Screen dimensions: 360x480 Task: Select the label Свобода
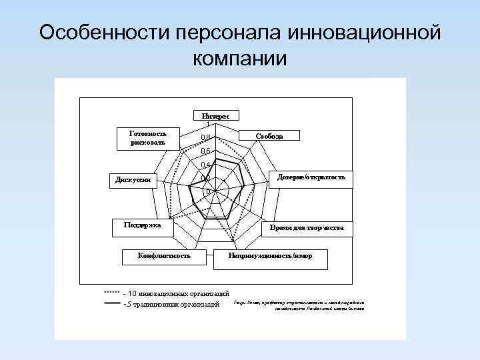269,136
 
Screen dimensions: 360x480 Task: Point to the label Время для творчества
307,228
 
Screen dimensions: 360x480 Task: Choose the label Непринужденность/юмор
270,255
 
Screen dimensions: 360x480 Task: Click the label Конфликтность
163,255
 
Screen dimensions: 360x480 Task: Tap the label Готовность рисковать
147,137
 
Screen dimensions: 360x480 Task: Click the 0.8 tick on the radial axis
206,138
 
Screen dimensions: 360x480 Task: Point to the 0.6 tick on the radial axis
206,151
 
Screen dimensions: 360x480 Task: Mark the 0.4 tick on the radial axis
206,165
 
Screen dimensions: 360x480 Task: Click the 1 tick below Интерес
208,125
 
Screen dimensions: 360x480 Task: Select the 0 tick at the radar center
208,192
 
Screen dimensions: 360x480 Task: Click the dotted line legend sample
111,293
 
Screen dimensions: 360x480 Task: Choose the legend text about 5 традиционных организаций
173,305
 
